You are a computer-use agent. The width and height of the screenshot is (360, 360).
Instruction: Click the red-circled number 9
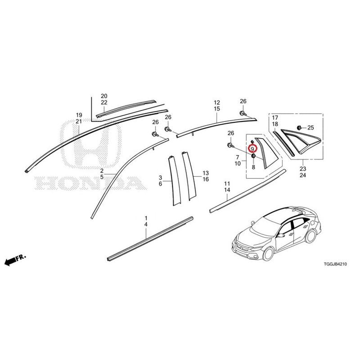252,149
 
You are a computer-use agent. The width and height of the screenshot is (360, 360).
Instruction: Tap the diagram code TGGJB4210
335,264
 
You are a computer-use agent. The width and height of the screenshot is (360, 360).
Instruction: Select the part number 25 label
310,128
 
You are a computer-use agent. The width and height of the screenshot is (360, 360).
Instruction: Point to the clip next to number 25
300,127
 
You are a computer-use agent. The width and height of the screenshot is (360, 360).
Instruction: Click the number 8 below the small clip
253,167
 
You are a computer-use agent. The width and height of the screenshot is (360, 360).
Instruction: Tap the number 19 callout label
79,115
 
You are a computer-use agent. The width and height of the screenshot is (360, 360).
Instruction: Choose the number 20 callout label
104,96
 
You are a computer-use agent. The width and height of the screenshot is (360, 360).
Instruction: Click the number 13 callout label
206,173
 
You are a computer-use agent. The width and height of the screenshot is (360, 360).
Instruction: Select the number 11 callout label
227,184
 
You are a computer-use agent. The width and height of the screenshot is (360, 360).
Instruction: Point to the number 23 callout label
303,169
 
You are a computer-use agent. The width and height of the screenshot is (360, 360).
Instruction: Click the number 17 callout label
275,118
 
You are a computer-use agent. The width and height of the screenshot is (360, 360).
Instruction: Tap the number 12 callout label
217,103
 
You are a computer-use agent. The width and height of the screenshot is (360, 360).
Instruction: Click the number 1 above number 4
146,218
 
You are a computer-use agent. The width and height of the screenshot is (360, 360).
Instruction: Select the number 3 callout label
160,177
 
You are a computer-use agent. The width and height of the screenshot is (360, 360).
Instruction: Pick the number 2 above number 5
102,171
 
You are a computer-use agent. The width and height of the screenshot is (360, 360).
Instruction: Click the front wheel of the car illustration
268,253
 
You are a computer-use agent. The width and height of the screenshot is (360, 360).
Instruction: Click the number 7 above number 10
238,157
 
